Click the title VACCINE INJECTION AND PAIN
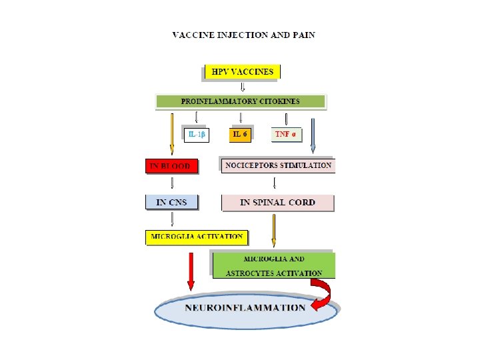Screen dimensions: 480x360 tap(243, 35)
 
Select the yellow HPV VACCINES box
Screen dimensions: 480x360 tap(242, 71)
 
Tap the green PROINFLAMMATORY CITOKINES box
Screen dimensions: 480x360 tap(240, 101)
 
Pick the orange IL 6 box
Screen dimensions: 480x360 tap(240, 134)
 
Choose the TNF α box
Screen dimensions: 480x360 tap(286, 134)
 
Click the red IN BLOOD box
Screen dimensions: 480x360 tap(172, 165)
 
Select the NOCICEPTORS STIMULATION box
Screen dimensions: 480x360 tap(278, 165)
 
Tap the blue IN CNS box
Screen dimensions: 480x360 tap(172, 201)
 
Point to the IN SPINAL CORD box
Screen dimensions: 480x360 tap(277, 202)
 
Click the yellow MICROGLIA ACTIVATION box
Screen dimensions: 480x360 tap(196, 237)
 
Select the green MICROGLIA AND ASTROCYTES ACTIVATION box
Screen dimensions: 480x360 tap(273, 265)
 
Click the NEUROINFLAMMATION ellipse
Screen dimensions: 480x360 tap(245, 309)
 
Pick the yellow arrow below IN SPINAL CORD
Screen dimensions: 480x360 tap(273, 231)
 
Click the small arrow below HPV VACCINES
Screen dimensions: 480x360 tap(242, 87)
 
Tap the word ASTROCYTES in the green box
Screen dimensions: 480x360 tap(247, 273)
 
